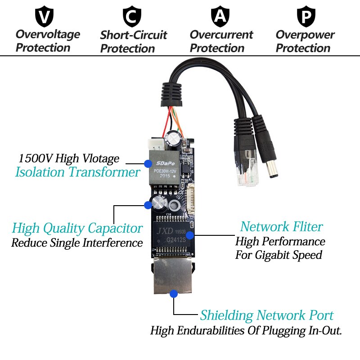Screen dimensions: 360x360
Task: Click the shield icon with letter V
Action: [44, 17]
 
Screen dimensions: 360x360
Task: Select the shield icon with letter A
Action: [220, 17]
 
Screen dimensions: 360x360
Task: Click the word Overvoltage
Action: [48, 34]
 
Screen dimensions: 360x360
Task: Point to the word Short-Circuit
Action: [134, 35]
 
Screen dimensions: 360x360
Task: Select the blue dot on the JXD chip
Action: [190, 234]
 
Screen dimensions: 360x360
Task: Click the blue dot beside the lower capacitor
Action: [147, 205]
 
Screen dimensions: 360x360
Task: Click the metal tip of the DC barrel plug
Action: [273, 171]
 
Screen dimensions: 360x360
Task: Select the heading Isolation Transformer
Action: [77, 172]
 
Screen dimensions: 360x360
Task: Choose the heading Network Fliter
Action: [281, 226]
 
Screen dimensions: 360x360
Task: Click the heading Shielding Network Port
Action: [267, 315]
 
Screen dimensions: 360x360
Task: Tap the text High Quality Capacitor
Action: [77, 228]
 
